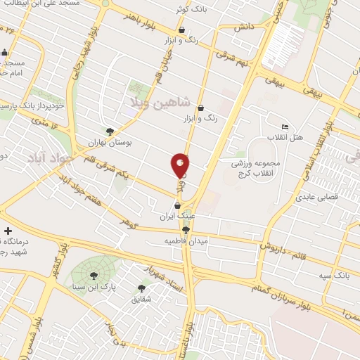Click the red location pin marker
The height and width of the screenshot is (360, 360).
click(180, 166)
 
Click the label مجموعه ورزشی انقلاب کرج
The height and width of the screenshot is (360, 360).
click(257, 167)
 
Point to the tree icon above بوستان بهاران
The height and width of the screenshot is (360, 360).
click(109, 131)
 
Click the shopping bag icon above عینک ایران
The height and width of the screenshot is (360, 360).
click(176, 205)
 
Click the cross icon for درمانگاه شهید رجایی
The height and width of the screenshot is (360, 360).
click(8, 231)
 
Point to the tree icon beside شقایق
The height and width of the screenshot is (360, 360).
click(141, 288)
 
